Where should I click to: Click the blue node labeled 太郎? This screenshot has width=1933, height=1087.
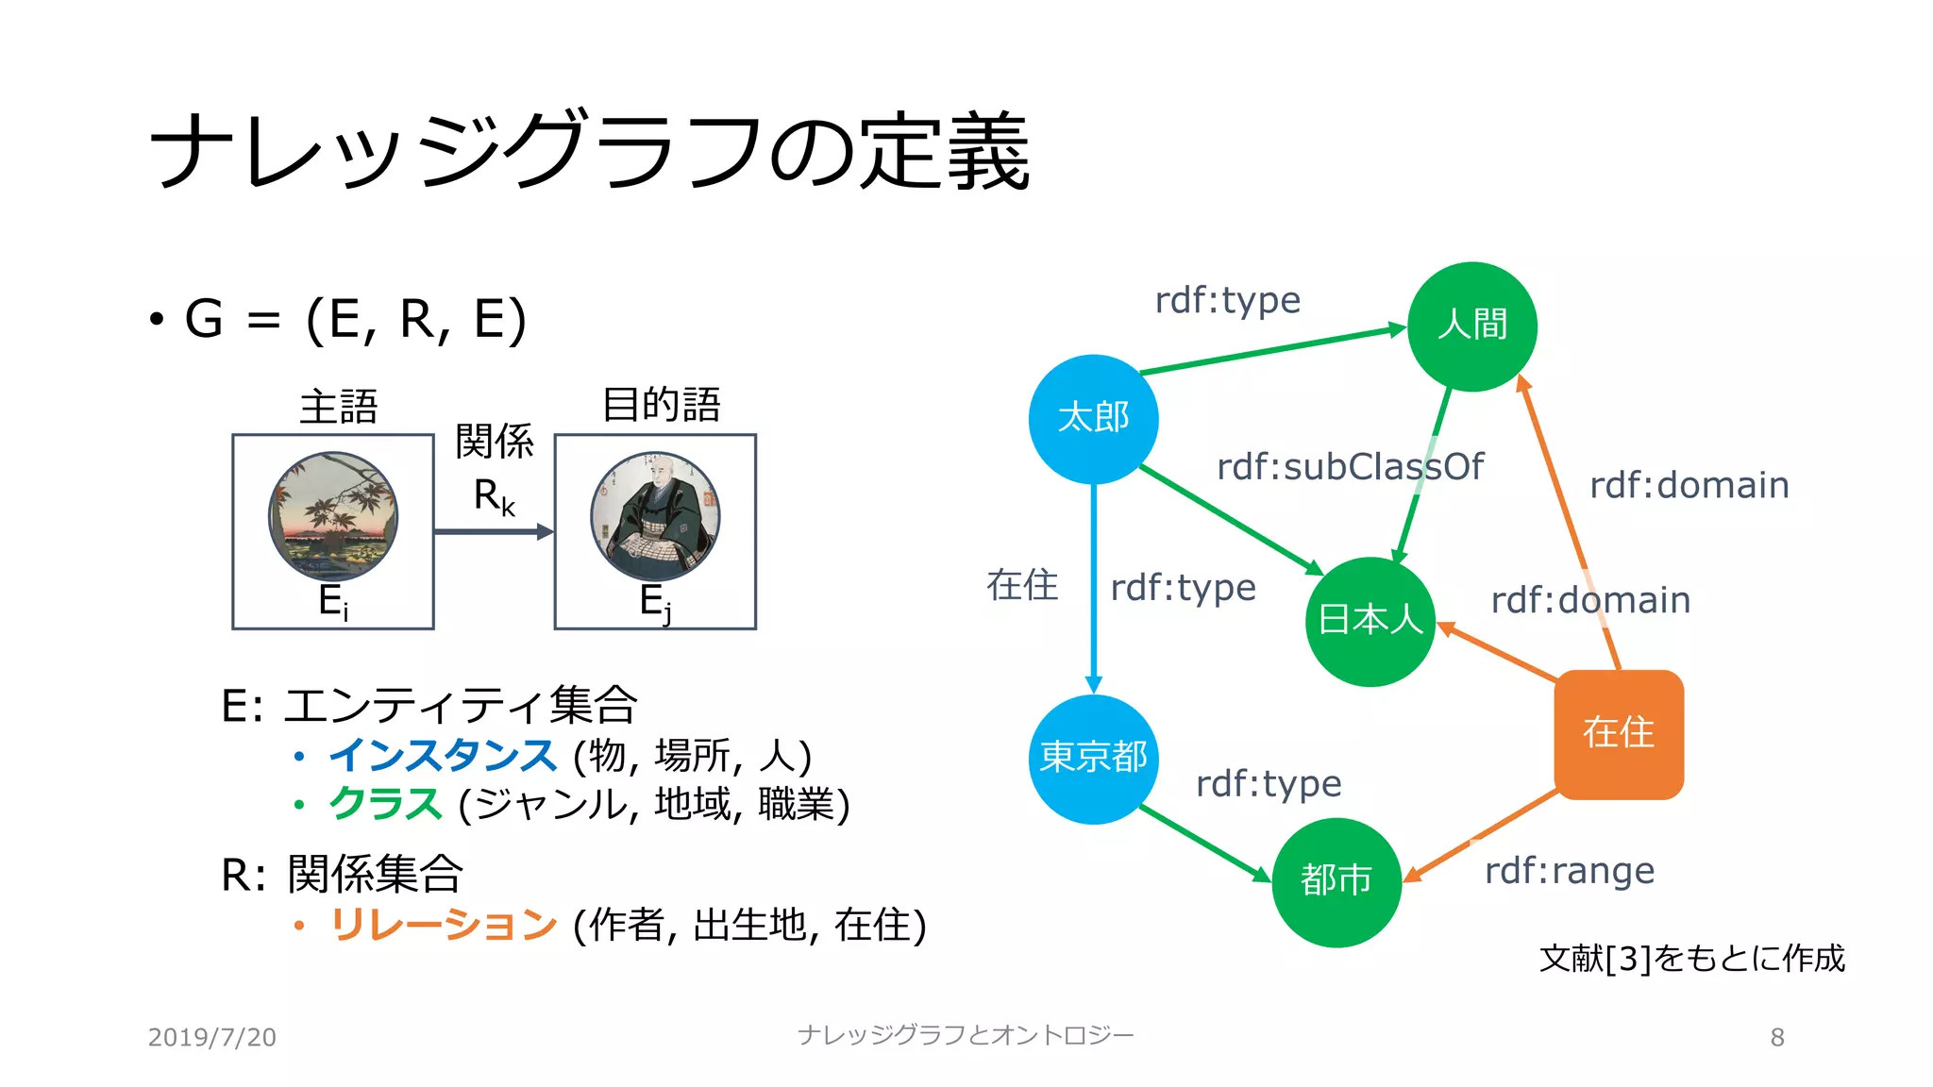point(1093,419)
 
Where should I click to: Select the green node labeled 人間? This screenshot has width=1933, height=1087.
point(1471,326)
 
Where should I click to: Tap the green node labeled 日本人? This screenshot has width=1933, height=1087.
point(1370,621)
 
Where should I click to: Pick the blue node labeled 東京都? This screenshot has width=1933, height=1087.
point(1093,759)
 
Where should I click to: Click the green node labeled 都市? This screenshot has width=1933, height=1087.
point(1336,881)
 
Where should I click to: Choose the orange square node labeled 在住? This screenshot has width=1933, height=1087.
point(1618,734)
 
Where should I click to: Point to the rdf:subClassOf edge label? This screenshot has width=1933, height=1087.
point(1350,467)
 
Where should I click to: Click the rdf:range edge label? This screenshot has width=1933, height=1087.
point(1569,871)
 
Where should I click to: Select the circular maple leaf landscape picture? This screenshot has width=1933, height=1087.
point(333,515)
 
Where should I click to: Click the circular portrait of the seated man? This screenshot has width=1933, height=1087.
point(655,515)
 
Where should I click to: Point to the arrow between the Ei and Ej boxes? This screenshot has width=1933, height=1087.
point(493,532)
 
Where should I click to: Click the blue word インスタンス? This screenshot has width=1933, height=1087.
point(443,756)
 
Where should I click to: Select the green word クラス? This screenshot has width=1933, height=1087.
point(385,804)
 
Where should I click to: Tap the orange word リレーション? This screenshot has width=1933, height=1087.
point(443,925)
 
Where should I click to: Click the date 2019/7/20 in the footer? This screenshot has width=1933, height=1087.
point(211,1037)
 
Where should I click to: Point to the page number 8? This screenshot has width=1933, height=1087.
point(1776,1037)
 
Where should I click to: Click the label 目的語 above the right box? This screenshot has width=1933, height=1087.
point(661,405)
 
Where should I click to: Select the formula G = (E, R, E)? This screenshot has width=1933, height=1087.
point(355,319)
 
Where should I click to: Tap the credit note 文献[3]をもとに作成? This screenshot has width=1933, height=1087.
point(1691,959)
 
